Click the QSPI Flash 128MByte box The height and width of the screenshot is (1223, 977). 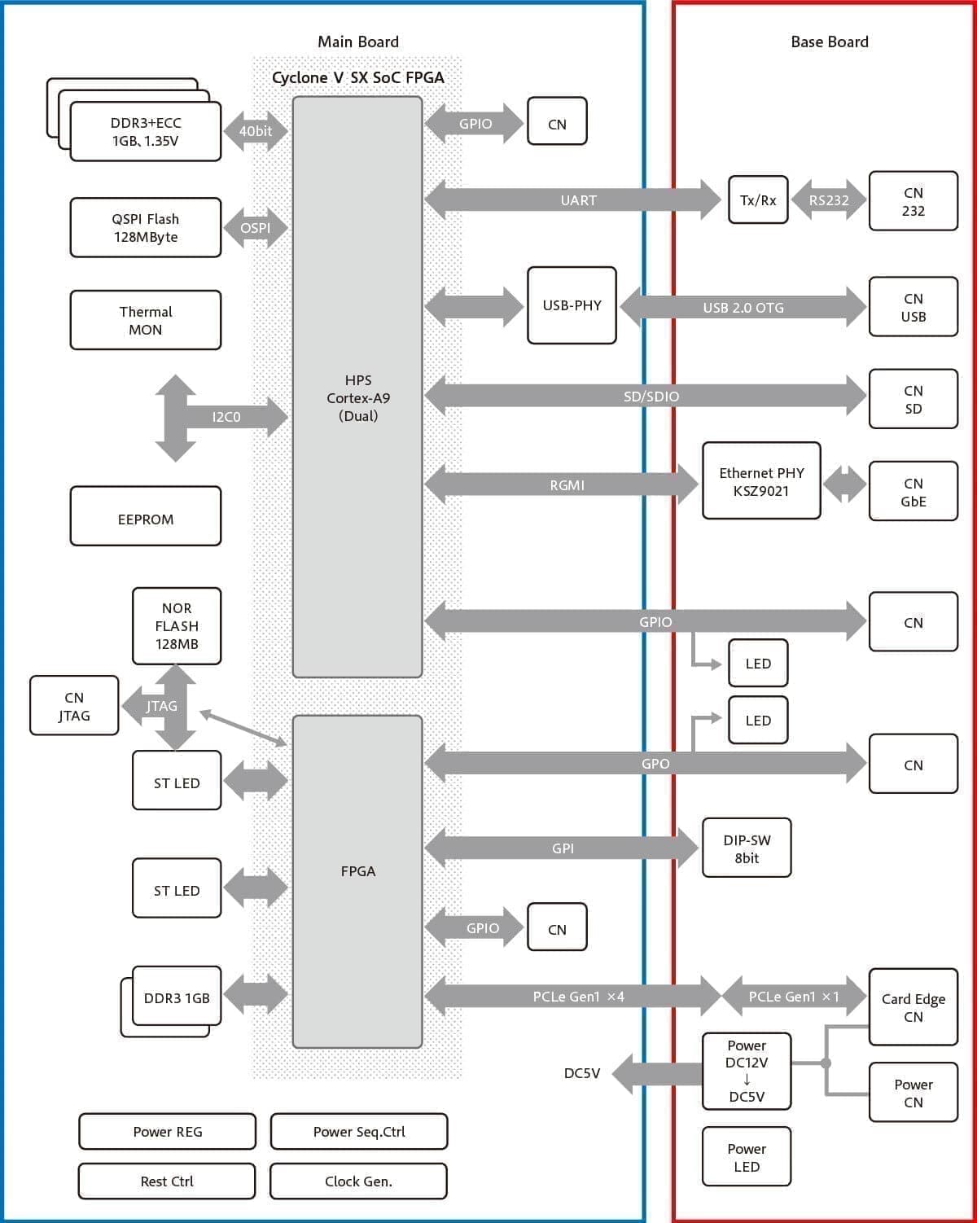tap(145, 228)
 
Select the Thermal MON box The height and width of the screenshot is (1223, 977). tap(145, 320)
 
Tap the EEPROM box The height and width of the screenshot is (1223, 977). tap(145, 516)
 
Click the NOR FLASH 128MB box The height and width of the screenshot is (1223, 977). tap(177, 625)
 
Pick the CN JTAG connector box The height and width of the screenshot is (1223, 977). tap(74, 706)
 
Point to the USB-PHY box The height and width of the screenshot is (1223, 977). tap(572, 305)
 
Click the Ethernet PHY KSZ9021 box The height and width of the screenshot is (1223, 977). tap(761, 481)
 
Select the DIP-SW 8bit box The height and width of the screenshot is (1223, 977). tap(747, 848)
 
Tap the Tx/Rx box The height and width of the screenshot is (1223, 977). tap(758, 199)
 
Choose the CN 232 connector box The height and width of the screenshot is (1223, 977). tap(913, 201)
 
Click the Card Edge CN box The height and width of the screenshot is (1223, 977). tap(913, 1007)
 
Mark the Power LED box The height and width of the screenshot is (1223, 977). tap(747, 1157)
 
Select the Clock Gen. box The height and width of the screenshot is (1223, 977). tap(358, 1181)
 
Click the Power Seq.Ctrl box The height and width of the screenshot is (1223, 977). tap(358, 1132)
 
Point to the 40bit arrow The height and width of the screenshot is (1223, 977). tap(256, 131)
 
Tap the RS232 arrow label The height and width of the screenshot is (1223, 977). tap(829, 200)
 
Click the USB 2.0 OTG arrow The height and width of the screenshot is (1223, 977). tap(743, 308)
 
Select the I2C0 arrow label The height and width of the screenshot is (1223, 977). tap(226, 417)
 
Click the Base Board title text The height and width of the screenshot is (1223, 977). tap(829, 42)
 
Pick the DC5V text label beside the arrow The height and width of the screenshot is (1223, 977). tap(582, 1073)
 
